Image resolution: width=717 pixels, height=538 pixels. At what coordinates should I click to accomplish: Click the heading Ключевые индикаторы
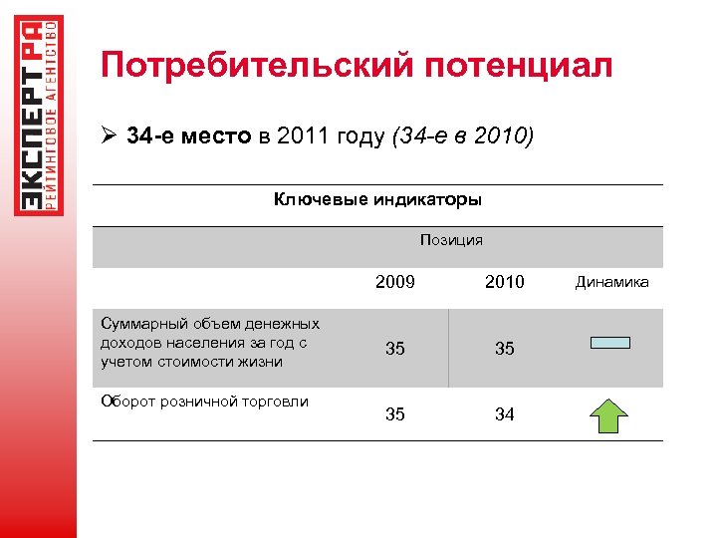tap(377, 199)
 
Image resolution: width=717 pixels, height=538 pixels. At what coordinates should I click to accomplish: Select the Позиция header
tap(451, 240)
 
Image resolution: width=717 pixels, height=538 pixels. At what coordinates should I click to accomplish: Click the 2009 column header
tap(395, 282)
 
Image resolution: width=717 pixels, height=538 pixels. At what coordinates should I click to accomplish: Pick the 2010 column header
tap(504, 282)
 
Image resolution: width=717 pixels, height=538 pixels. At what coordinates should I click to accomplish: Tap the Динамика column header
tap(611, 282)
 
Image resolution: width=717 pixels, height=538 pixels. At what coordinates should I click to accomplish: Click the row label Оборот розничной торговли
tap(204, 402)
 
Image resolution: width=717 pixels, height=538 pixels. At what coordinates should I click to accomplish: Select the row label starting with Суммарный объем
tap(210, 343)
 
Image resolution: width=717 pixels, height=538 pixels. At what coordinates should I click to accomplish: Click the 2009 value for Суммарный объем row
tap(395, 349)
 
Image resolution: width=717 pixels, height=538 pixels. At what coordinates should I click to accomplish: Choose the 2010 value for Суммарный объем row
tap(504, 349)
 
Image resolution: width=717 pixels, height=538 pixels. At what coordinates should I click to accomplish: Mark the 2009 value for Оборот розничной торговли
tap(395, 414)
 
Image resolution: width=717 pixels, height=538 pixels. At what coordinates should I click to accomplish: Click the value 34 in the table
tap(504, 414)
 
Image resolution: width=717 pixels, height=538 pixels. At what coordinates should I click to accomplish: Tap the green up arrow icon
tap(610, 413)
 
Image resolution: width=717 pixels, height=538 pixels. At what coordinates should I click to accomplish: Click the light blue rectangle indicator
tap(610, 343)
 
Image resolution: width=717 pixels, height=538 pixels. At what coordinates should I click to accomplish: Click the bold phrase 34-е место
tap(189, 135)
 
